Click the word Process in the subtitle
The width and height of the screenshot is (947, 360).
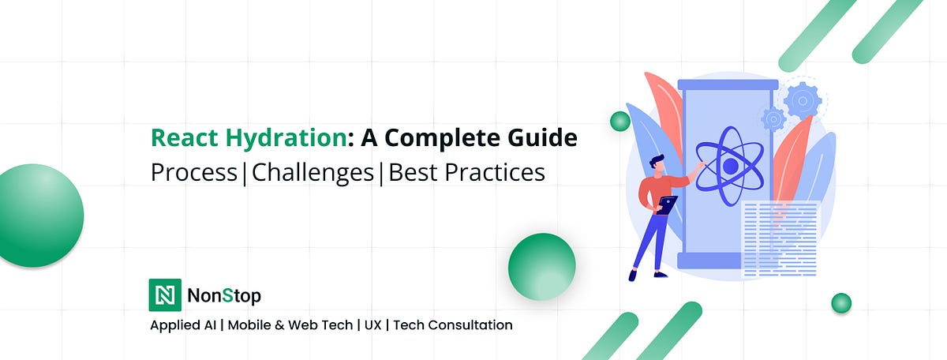pyautogui.click(x=193, y=171)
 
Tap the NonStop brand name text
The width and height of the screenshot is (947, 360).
pyautogui.click(x=224, y=296)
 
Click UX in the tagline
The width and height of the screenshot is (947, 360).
pyautogui.click(x=373, y=324)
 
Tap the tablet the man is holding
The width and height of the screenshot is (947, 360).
pyautogui.click(x=668, y=204)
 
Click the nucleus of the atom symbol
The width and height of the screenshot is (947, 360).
pyautogui.click(x=731, y=166)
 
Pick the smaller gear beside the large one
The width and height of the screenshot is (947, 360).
pyautogui.click(x=773, y=119)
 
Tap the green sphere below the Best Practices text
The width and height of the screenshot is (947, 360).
pyautogui.click(x=541, y=266)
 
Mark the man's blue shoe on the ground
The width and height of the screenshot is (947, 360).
pyautogui.click(x=634, y=274)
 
